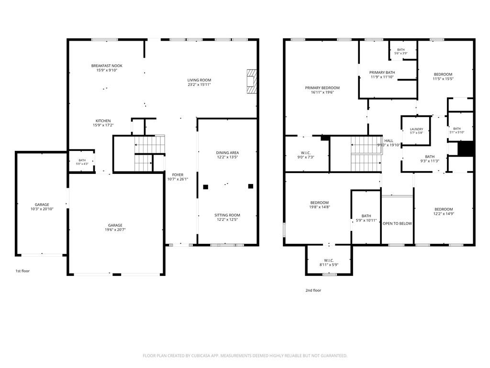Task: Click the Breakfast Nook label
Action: point(107,66)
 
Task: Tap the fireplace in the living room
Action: point(252,81)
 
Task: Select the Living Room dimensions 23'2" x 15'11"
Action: point(200,84)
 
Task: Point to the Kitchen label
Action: point(103,121)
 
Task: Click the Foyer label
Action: point(178,175)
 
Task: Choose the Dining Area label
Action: point(227,153)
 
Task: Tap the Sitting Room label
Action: point(227,215)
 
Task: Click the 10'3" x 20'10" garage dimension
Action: point(42,209)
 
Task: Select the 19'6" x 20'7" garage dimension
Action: point(115,230)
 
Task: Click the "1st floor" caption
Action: point(22,271)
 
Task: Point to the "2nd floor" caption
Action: point(313,290)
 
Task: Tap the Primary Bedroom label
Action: point(322,88)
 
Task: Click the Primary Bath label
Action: point(382,73)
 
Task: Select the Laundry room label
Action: point(417,129)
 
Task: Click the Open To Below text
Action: point(397,223)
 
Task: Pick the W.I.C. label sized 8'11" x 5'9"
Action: point(329,260)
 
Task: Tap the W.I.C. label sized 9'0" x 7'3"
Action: point(306,153)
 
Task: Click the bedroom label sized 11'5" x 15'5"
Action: point(443,74)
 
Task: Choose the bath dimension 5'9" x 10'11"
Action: point(366,220)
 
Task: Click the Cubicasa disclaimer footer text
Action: point(245,356)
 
